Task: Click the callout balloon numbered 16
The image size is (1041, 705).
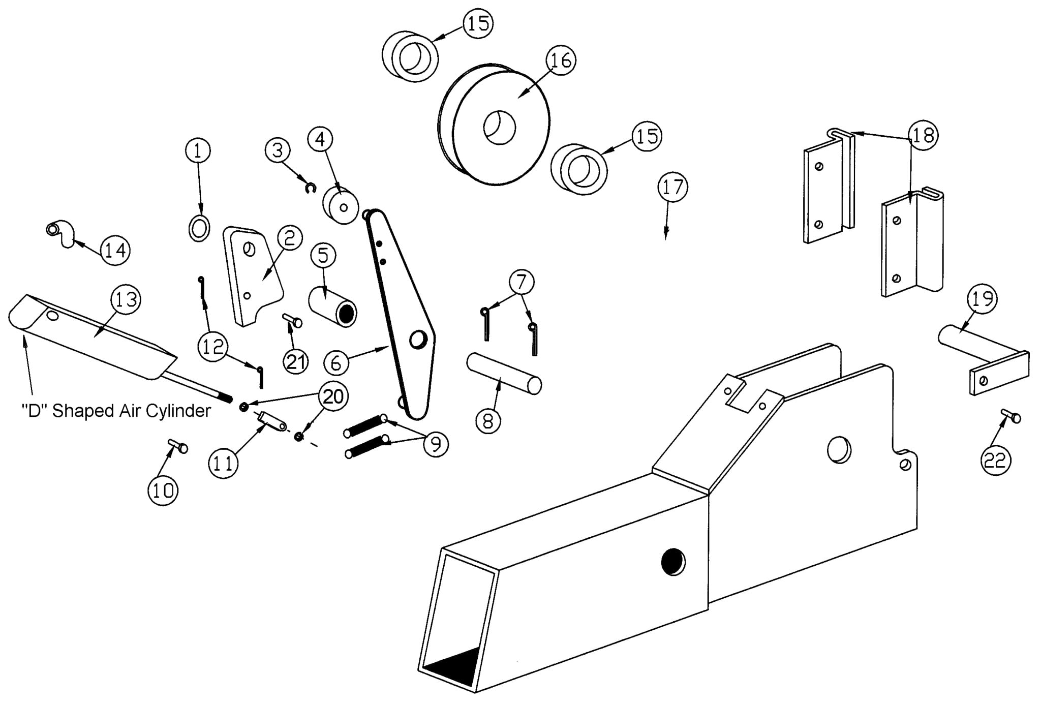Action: point(561,60)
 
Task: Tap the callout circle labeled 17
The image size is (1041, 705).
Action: point(673,187)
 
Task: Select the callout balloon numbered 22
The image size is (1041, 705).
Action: point(995,461)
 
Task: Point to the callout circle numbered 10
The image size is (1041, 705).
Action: point(163,490)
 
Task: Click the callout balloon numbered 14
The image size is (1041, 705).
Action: point(115,250)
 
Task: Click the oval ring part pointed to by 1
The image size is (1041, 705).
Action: point(199,228)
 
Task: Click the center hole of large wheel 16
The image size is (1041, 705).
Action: point(499,127)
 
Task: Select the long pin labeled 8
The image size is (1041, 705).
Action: point(504,374)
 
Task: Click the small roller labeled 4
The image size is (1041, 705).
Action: point(342,206)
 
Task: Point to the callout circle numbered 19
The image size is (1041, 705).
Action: point(982,299)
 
